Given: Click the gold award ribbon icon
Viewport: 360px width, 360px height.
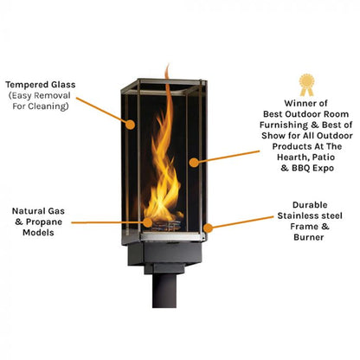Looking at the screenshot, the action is pos(306,85).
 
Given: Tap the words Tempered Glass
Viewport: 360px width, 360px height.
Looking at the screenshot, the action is pos(41,85).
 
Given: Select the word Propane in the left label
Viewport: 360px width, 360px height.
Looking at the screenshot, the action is pos(44,222).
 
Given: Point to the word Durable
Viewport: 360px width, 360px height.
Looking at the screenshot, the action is pos(310,205).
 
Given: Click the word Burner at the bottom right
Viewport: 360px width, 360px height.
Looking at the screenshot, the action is pos(309,237).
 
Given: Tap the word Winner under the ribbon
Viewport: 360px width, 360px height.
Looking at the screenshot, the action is pos(298,103).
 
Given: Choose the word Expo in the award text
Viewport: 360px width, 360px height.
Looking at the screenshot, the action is pos(323,168).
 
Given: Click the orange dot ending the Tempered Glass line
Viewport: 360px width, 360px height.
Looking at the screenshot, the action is pos(130,125).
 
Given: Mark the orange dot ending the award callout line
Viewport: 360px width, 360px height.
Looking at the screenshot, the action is pos(194,163).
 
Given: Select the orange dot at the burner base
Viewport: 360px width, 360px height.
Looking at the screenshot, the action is pos(148,222).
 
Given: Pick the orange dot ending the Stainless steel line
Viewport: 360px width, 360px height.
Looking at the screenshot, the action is pos(208,228).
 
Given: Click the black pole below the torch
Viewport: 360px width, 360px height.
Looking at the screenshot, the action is pos(164,290).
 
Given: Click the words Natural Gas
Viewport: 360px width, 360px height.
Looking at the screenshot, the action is pos(38,211).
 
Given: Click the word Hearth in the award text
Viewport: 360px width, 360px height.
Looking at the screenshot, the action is pos(291,157).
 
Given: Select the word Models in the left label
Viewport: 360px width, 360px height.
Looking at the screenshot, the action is pos(38,233).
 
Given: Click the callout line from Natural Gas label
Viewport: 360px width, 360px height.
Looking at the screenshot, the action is pos(107,222).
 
